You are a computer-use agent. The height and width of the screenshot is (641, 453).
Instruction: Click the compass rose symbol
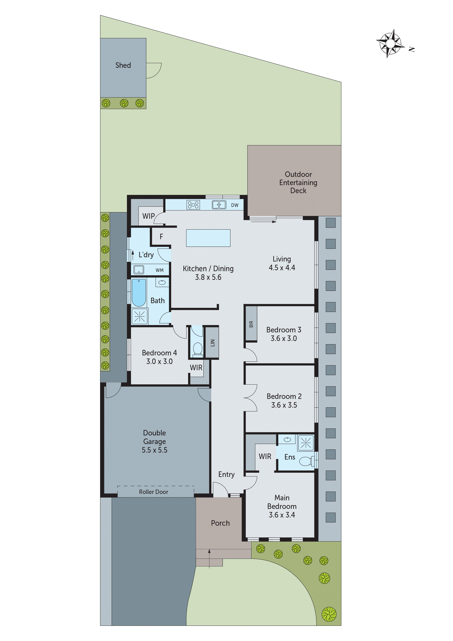click(390, 43)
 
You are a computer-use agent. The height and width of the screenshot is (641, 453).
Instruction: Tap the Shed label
click(123, 65)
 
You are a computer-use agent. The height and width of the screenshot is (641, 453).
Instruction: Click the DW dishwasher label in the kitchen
click(235, 205)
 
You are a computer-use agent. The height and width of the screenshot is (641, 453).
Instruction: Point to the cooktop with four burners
click(193, 205)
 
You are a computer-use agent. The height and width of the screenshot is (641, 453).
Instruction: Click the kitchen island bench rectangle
click(208, 238)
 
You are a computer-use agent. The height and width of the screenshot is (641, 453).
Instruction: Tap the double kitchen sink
click(219, 205)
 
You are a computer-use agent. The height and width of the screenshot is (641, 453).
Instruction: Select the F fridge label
click(161, 237)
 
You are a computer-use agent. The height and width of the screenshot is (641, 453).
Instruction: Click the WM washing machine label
click(160, 270)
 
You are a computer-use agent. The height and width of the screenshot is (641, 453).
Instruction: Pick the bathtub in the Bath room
click(139, 293)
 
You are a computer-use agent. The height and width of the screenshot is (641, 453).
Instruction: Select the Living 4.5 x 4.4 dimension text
click(282, 268)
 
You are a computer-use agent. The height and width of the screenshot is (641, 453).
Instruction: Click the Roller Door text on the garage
click(153, 492)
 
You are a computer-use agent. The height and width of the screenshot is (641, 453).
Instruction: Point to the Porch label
click(220, 523)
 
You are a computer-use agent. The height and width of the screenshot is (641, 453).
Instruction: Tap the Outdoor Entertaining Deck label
click(298, 182)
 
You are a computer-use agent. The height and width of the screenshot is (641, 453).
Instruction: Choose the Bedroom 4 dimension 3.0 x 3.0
click(159, 362)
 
